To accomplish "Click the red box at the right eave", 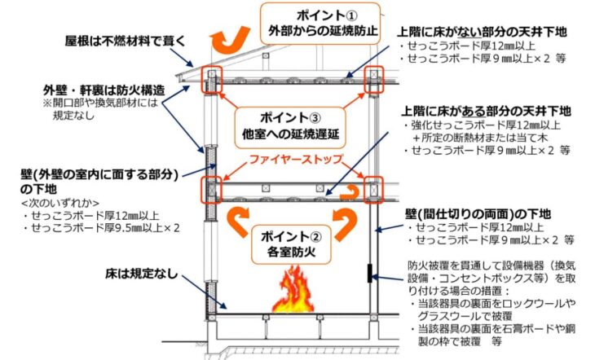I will click(374, 78).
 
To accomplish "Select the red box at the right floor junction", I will click(374, 190).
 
